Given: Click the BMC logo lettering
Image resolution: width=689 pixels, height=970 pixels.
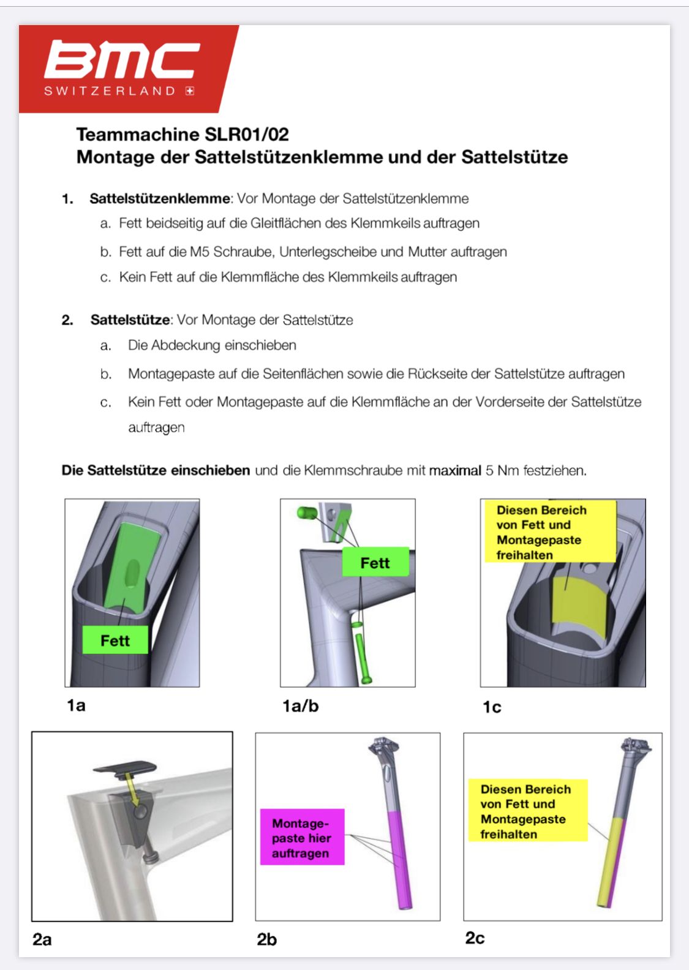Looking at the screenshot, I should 121,59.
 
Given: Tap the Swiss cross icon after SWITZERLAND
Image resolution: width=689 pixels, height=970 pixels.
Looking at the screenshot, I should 190,91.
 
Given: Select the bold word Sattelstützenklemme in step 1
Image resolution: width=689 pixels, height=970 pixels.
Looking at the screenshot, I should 160,198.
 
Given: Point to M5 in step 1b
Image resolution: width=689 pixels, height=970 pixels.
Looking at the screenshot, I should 200,252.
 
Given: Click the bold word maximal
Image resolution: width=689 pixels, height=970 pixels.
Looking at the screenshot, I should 455,470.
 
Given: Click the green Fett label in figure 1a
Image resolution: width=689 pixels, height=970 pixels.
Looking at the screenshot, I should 115,641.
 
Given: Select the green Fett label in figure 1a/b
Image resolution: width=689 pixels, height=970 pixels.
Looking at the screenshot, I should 375,562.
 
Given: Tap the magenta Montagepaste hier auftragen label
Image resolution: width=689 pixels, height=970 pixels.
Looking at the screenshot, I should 302,838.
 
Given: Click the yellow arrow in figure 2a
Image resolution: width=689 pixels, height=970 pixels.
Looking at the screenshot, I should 130,786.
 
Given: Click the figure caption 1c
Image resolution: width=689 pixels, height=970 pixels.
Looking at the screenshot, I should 492,707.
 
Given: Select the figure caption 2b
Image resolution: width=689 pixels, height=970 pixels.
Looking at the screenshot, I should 267,939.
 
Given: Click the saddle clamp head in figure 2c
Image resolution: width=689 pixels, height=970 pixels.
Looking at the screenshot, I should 635,746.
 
